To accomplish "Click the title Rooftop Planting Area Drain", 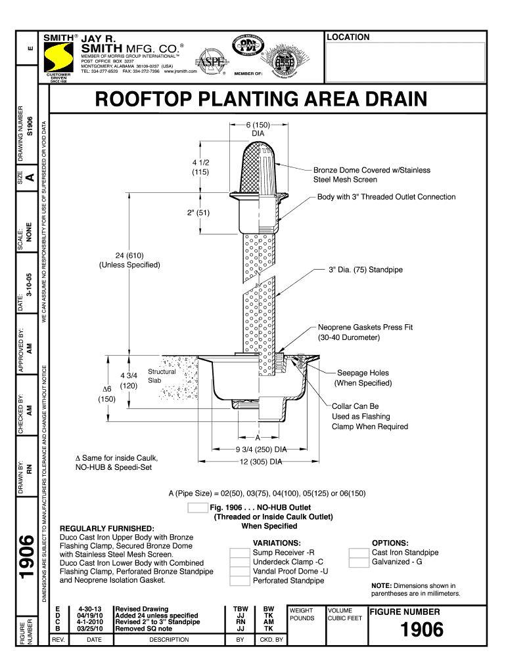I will click(x=261, y=100).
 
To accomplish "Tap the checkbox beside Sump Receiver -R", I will click(x=240, y=553).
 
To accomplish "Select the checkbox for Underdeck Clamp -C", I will click(x=240, y=562).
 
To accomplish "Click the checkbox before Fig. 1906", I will click(x=197, y=507).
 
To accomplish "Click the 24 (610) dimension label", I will click(x=129, y=260).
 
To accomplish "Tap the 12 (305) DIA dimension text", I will click(x=262, y=461).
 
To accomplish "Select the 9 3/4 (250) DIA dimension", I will click(x=262, y=450).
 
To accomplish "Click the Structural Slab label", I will click(x=162, y=376).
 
